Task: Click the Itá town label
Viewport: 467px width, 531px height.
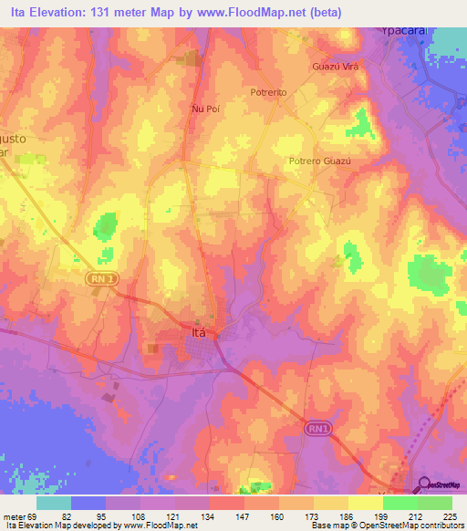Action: click(202, 333)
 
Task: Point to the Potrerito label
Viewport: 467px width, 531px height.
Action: click(269, 93)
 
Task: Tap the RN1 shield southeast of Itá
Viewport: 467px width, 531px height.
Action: click(316, 428)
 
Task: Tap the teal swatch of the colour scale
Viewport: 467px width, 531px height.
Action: click(54, 503)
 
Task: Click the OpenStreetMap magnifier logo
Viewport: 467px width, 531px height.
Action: click(424, 485)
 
